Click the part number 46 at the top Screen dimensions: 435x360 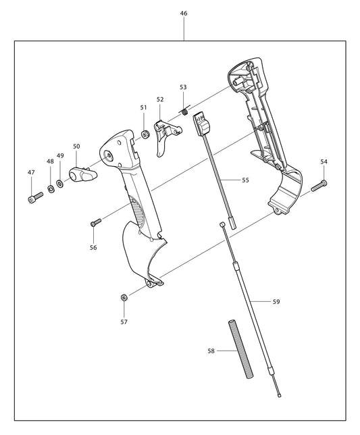coord(184,14)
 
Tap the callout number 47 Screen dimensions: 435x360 coord(31,173)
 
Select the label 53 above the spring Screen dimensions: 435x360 coord(183,87)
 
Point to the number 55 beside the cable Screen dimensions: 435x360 coord(245,180)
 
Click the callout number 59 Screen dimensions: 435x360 coord(276,301)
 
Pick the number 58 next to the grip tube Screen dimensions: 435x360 coord(211,351)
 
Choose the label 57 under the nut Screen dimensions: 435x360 coord(124,322)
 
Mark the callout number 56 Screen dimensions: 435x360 coord(93,247)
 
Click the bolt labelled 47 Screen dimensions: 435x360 coord(35,197)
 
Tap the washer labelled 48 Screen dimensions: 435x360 coord(51,186)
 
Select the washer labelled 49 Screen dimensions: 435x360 coord(61,182)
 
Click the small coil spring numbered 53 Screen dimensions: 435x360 coord(182,111)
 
